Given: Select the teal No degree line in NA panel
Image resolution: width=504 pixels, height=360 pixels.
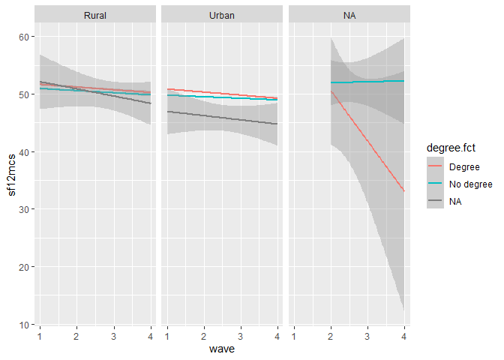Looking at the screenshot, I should click(x=367, y=82).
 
